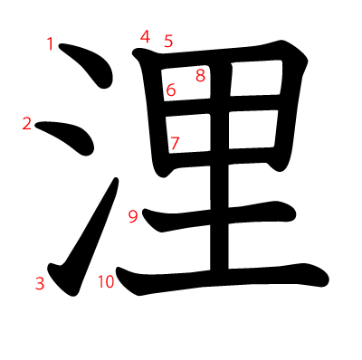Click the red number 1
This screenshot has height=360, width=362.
(x=51, y=43)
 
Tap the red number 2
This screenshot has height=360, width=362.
(x=27, y=124)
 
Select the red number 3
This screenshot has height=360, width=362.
(x=40, y=283)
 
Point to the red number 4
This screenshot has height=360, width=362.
(x=145, y=36)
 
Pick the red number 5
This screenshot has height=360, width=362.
(x=168, y=41)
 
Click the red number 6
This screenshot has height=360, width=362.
(x=170, y=90)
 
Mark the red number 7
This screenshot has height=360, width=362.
(x=175, y=142)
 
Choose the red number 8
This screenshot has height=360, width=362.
(x=200, y=75)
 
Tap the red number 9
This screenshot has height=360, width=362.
(x=133, y=215)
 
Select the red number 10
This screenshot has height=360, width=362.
(x=106, y=281)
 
